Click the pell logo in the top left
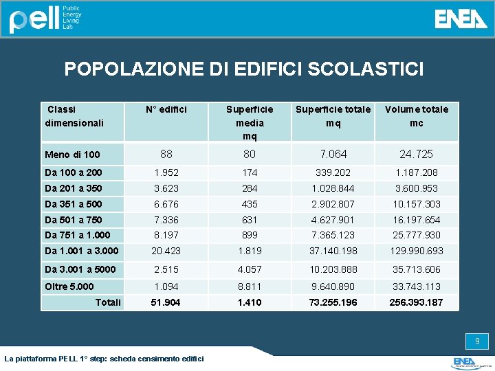click(x=45, y=19)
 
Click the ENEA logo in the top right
click(x=461, y=19)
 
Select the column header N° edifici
click(x=166, y=109)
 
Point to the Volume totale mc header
click(x=416, y=116)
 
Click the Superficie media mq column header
click(x=250, y=122)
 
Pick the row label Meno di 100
click(x=72, y=155)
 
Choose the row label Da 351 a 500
click(x=73, y=204)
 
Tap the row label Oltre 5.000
click(x=69, y=286)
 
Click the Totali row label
click(x=108, y=302)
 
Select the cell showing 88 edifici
click(x=166, y=154)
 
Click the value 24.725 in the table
click(x=416, y=154)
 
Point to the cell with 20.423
click(x=166, y=251)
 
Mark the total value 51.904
click(x=166, y=302)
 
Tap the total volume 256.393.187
click(x=416, y=302)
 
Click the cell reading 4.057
click(x=250, y=269)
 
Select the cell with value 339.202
click(x=333, y=172)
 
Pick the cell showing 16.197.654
click(x=416, y=220)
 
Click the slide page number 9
click(x=477, y=341)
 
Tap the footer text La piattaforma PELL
click(x=104, y=359)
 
